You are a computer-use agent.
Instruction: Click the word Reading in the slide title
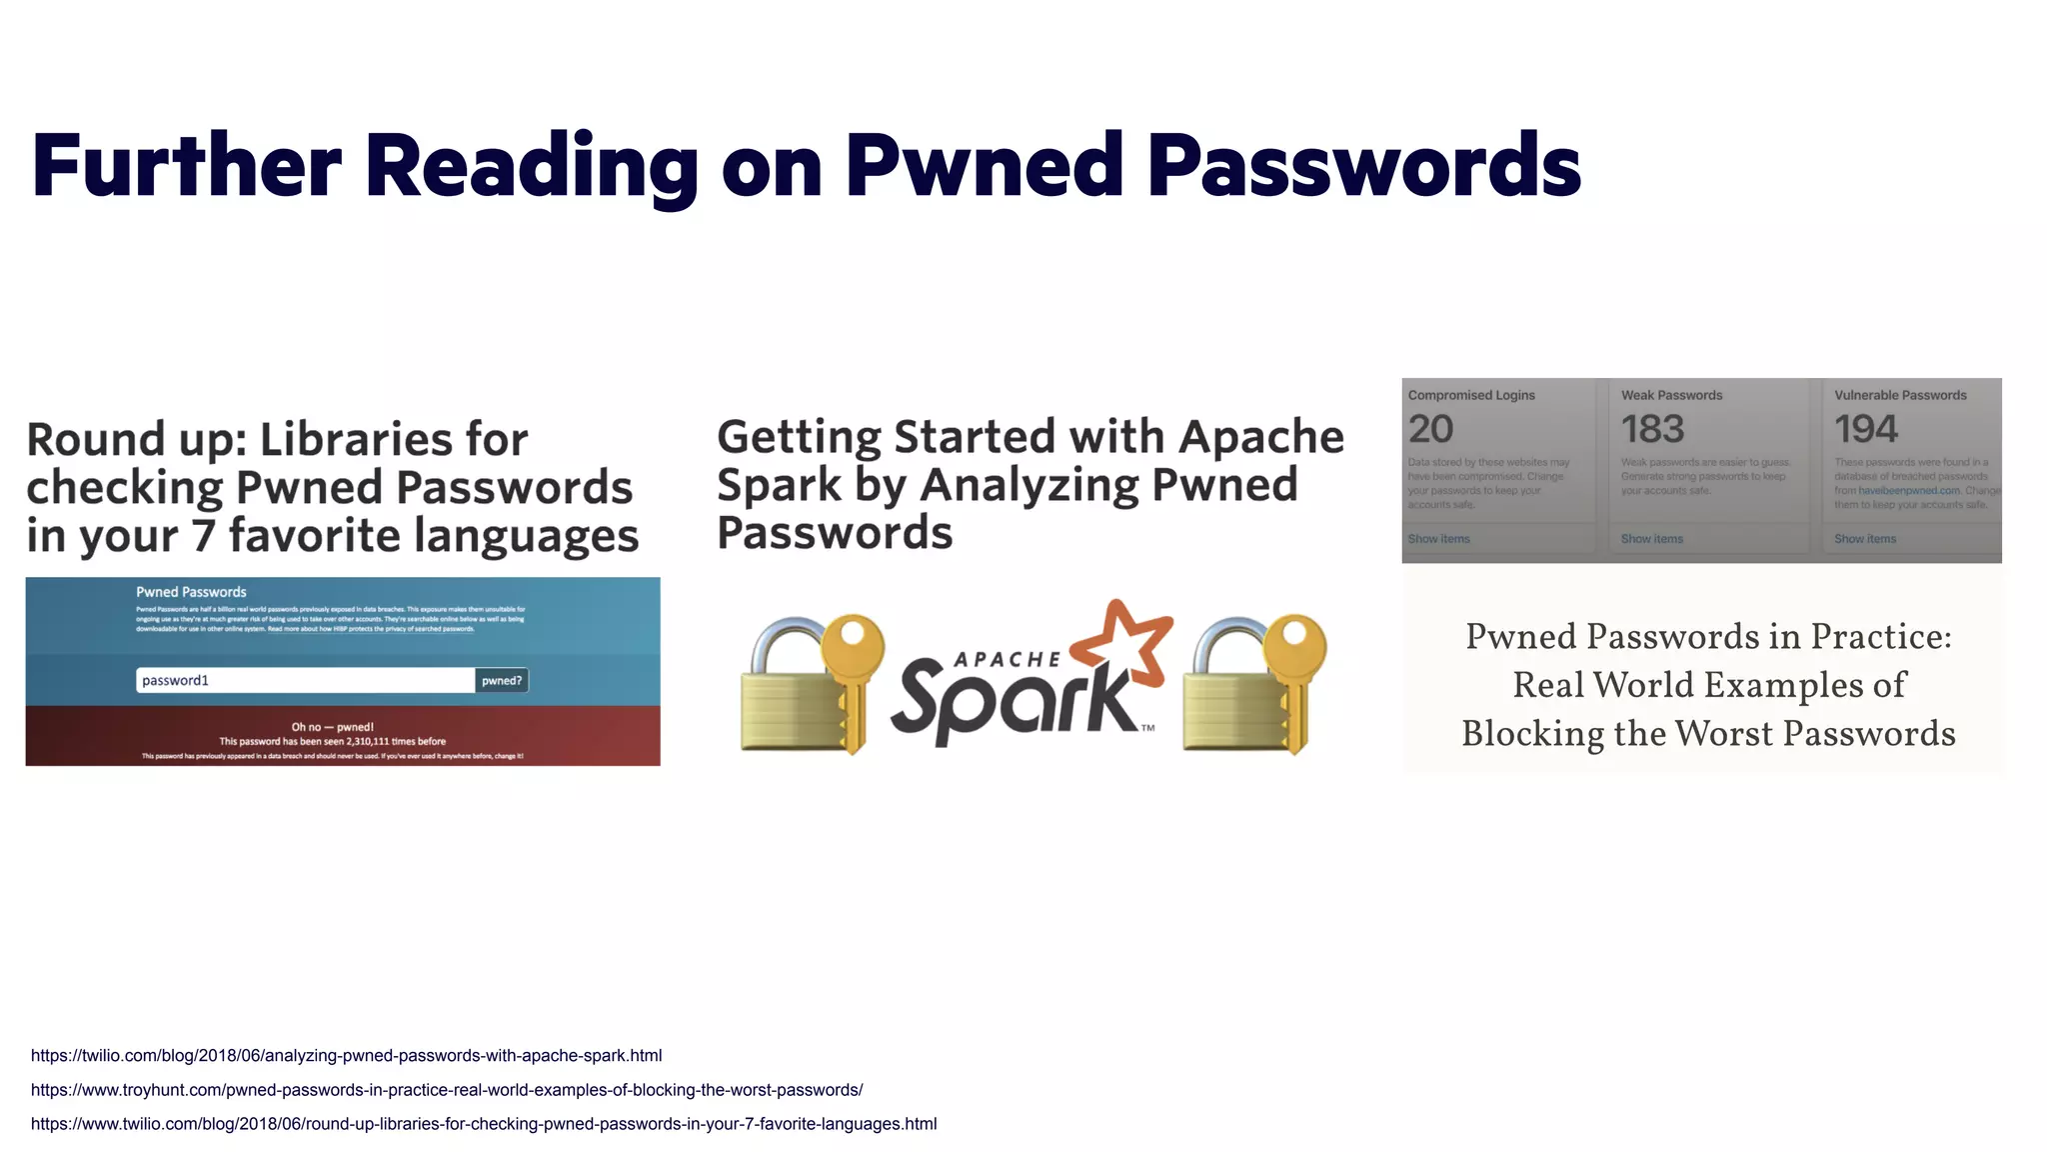point(531,166)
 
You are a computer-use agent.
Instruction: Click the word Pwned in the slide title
point(985,166)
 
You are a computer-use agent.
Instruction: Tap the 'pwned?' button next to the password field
point(502,681)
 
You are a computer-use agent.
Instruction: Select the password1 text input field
point(305,681)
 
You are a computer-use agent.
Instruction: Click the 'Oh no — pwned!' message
point(332,727)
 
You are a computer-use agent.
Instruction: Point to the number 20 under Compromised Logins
point(1430,430)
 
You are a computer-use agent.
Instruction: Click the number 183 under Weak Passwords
point(1652,430)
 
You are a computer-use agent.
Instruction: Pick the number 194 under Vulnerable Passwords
point(1865,430)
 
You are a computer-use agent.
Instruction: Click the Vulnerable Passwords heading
point(1900,396)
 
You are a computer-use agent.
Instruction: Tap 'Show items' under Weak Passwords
point(1651,539)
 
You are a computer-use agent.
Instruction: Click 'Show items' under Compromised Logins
point(1438,539)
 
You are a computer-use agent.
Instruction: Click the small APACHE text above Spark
point(1006,660)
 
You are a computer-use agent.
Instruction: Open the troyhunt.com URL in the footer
point(447,1090)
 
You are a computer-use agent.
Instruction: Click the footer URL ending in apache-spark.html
point(346,1056)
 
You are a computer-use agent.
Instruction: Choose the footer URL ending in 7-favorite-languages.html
point(484,1124)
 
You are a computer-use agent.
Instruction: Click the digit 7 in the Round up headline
point(203,536)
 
